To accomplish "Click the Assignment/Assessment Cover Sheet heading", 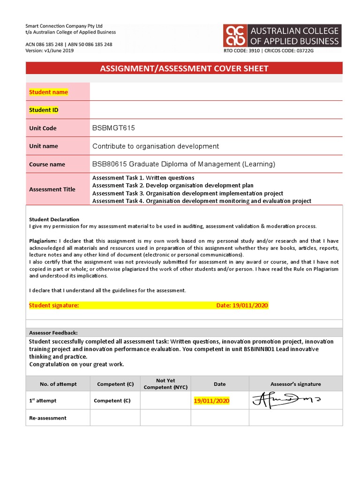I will pyautogui.click(x=184, y=68).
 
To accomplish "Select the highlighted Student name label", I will pyautogui.click(x=48, y=92).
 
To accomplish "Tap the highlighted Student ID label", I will pyautogui.click(x=44, y=110).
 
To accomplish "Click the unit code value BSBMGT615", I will pyautogui.click(x=113, y=128).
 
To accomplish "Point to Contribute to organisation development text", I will pyautogui.click(x=155, y=146).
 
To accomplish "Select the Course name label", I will pyautogui.click(x=47, y=165).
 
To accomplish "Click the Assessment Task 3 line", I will pyautogui.click(x=187, y=194).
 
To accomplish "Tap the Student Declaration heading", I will pyautogui.click(x=54, y=219).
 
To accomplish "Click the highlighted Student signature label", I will pyautogui.click(x=54, y=306).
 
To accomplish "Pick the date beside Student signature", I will pyautogui.click(x=242, y=306).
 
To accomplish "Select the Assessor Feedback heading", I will pyautogui.click(x=53, y=332).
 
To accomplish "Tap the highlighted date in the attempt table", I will pyautogui.click(x=212, y=401).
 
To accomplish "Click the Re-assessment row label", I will pyautogui.click(x=47, y=418).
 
